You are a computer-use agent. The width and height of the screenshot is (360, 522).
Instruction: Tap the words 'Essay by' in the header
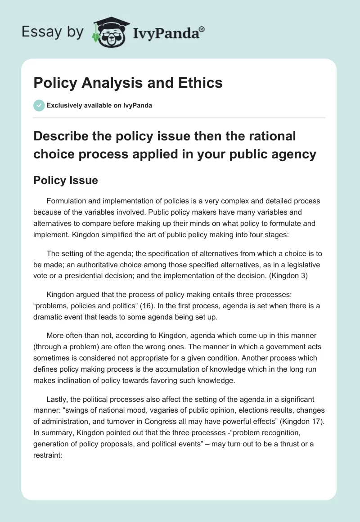click(53, 32)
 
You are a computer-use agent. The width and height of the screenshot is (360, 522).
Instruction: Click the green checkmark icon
click(39, 105)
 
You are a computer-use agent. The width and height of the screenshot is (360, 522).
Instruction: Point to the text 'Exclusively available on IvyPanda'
click(99, 106)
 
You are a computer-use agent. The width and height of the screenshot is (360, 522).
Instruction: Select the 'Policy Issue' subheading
click(66, 180)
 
